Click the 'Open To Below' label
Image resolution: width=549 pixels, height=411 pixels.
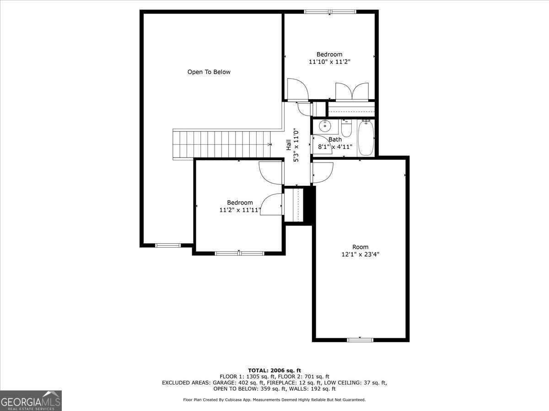coord(209,72)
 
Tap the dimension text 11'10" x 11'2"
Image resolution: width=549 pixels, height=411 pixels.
coord(329,62)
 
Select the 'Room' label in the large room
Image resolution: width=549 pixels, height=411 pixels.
coord(360,247)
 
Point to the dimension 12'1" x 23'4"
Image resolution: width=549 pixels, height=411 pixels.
coord(360,255)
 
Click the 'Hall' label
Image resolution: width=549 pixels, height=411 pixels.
coord(289,145)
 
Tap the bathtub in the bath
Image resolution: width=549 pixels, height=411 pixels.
coord(366,137)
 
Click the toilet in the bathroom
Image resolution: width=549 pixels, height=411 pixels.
coord(346,128)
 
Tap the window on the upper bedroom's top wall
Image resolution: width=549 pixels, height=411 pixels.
coord(330,12)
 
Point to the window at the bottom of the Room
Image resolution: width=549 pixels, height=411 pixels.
coord(360,340)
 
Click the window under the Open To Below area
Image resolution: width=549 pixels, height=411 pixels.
coord(168,245)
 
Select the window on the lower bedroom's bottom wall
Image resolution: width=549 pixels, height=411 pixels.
coord(239,253)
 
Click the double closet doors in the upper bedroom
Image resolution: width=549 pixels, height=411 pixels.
coord(352,91)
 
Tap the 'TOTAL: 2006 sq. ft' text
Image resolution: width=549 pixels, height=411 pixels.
coord(274,370)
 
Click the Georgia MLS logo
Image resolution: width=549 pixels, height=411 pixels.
coord(31,400)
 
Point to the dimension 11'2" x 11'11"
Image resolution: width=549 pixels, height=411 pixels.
coord(240,211)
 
